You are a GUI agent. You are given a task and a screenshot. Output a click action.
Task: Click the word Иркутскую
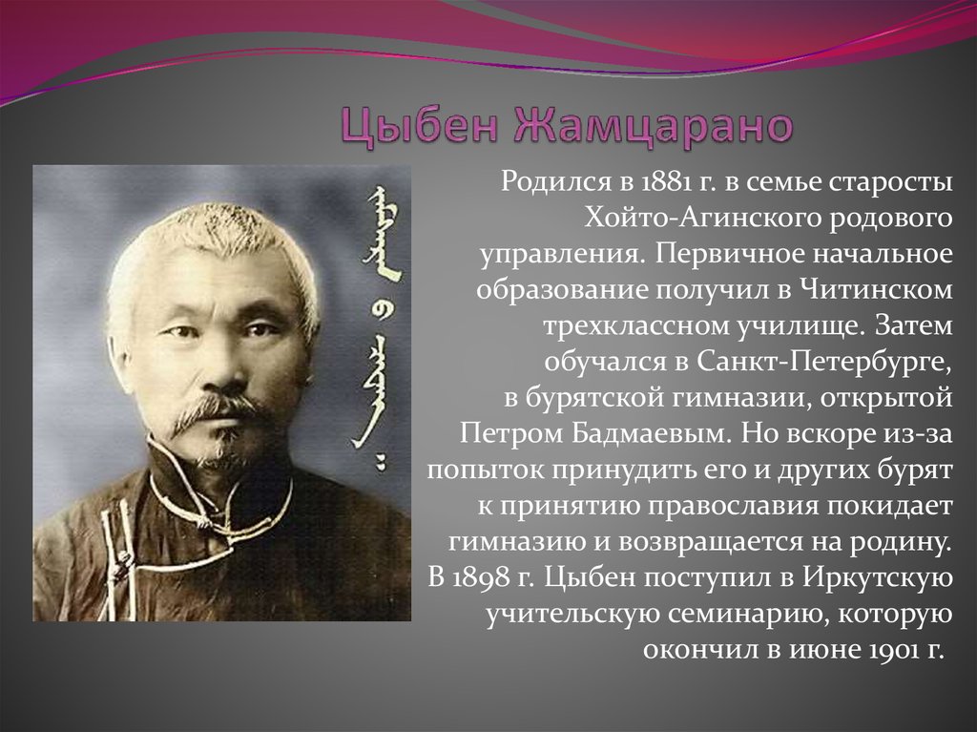[x=878, y=578]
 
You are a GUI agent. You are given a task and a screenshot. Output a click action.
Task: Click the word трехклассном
[x=634, y=326]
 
